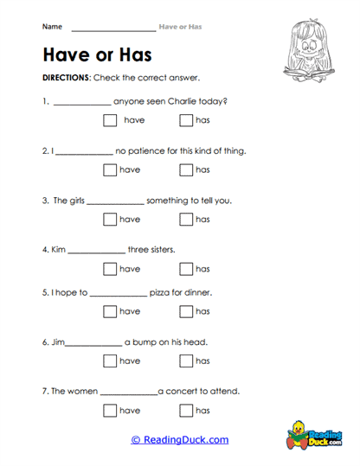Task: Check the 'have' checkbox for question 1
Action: click(x=110, y=121)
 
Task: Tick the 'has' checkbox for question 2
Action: click(x=185, y=170)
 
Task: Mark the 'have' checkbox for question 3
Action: click(x=110, y=220)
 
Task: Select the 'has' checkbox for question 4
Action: click(x=185, y=269)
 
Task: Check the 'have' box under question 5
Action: click(x=110, y=311)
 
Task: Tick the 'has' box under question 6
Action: click(x=185, y=361)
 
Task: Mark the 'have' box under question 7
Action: click(x=110, y=410)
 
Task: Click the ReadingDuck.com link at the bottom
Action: click(x=180, y=440)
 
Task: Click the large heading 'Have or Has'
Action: click(x=96, y=55)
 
